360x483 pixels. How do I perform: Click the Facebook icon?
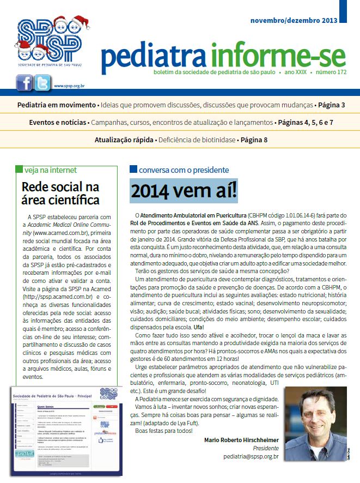(x=24, y=83)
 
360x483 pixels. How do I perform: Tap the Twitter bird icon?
(x=42, y=83)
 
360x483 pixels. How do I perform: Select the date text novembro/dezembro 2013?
(x=294, y=20)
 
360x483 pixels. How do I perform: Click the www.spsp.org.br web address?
(x=69, y=86)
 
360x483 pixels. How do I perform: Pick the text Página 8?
(x=253, y=140)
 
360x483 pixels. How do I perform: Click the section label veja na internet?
(x=51, y=170)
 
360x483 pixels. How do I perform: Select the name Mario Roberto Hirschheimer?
(x=241, y=439)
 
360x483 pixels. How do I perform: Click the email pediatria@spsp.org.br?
(x=246, y=456)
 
